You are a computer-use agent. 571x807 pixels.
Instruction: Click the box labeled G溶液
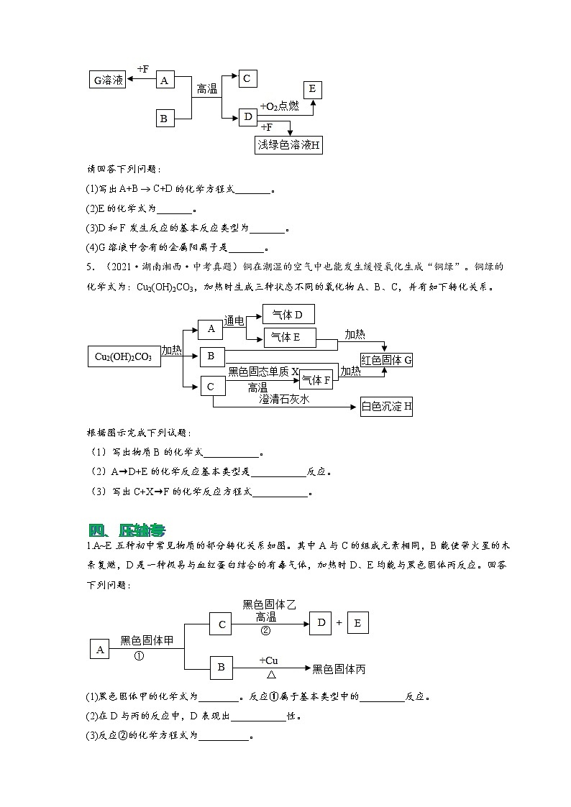[107, 80]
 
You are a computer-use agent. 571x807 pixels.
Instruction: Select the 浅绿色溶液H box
[288, 145]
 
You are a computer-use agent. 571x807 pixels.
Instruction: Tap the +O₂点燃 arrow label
[279, 106]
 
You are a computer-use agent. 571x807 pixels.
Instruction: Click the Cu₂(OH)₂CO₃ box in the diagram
[123, 356]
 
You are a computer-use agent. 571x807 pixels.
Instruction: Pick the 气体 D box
[288, 315]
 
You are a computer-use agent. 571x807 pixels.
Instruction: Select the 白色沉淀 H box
[386, 407]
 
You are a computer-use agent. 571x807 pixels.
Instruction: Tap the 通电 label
[234, 321]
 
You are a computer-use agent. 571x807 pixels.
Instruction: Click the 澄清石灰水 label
[284, 399]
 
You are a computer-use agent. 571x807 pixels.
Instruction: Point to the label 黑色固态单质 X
[263, 372]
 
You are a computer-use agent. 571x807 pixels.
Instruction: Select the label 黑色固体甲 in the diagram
[147, 640]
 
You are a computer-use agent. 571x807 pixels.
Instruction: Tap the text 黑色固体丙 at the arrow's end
[339, 669]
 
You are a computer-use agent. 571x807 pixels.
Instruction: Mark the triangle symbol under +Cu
[271, 675]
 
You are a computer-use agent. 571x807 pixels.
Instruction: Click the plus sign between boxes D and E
[339, 622]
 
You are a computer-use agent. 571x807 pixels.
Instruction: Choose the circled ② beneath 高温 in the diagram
[265, 630]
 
